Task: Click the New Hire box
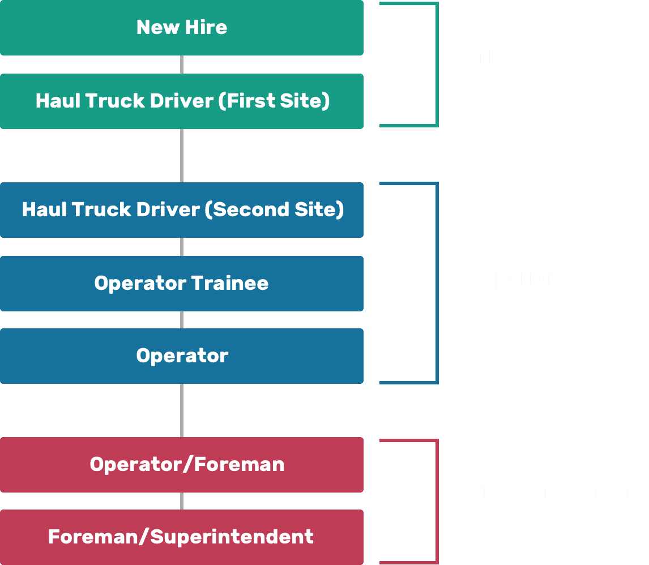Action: pos(181,27)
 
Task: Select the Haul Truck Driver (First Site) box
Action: pos(181,101)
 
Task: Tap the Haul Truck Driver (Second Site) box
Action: pos(181,209)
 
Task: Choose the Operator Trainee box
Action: pos(181,282)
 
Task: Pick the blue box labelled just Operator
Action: pos(181,356)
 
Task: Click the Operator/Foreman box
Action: pos(181,464)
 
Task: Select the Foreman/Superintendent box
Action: pos(181,536)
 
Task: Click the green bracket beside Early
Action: pos(437,65)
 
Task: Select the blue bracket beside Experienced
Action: pos(437,283)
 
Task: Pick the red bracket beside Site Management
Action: pos(437,501)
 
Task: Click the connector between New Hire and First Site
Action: pos(181,65)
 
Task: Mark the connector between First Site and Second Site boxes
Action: pos(181,155)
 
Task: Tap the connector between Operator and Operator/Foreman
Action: pos(181,410)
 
